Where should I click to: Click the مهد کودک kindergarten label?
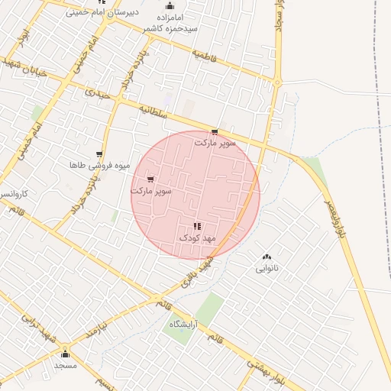tap(198, 238)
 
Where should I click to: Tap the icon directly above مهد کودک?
tap(197, 226)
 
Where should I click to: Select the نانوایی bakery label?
tap(267, 269)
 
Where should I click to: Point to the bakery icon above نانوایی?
tap(267, 257)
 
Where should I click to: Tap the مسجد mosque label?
tap(65, 366)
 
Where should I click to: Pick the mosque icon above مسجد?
tap(65, 354)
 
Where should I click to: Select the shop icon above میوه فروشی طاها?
tap(99, 153)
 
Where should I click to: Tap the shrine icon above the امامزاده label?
tap(170, 5)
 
